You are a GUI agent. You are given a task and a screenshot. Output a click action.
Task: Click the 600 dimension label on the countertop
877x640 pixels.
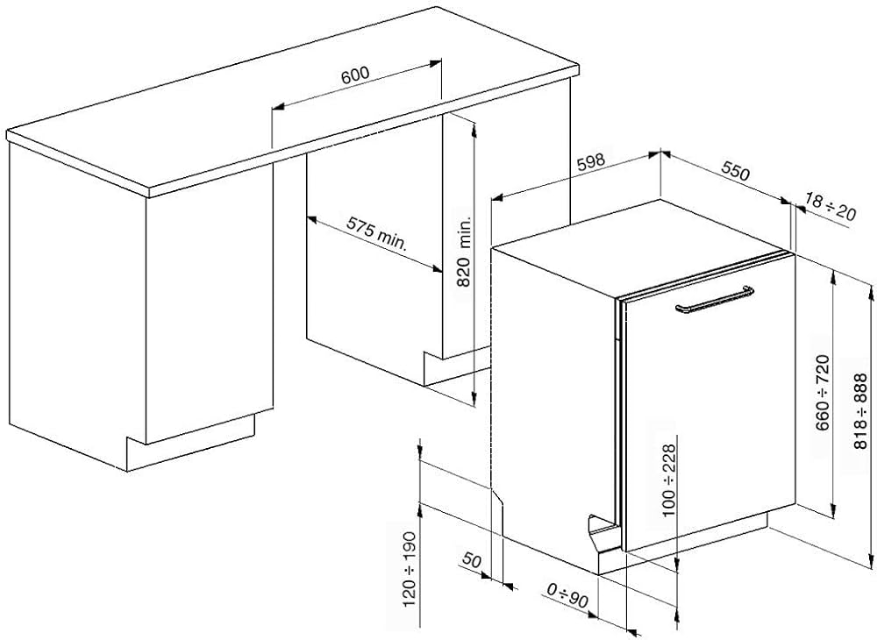point(355,75)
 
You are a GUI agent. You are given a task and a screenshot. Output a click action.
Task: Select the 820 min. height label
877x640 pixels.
point(465,252)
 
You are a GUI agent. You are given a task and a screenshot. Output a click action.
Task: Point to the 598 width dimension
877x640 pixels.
point(591,161)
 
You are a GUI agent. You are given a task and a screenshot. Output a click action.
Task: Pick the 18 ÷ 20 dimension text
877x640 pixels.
point(831,206)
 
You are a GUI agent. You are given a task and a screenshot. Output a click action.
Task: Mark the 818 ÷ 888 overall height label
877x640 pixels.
point(860,411)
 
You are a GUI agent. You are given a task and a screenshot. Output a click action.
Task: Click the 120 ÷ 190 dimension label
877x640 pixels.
point(410,569)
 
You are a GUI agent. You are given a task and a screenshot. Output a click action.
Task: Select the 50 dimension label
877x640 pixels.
point(472,559)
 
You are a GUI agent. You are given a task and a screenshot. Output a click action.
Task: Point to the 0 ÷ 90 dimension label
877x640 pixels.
point(567,595)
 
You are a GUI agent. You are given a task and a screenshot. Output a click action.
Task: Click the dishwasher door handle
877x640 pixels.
point(714,300)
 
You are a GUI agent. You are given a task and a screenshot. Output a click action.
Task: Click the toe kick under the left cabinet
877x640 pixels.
point(190,442)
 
